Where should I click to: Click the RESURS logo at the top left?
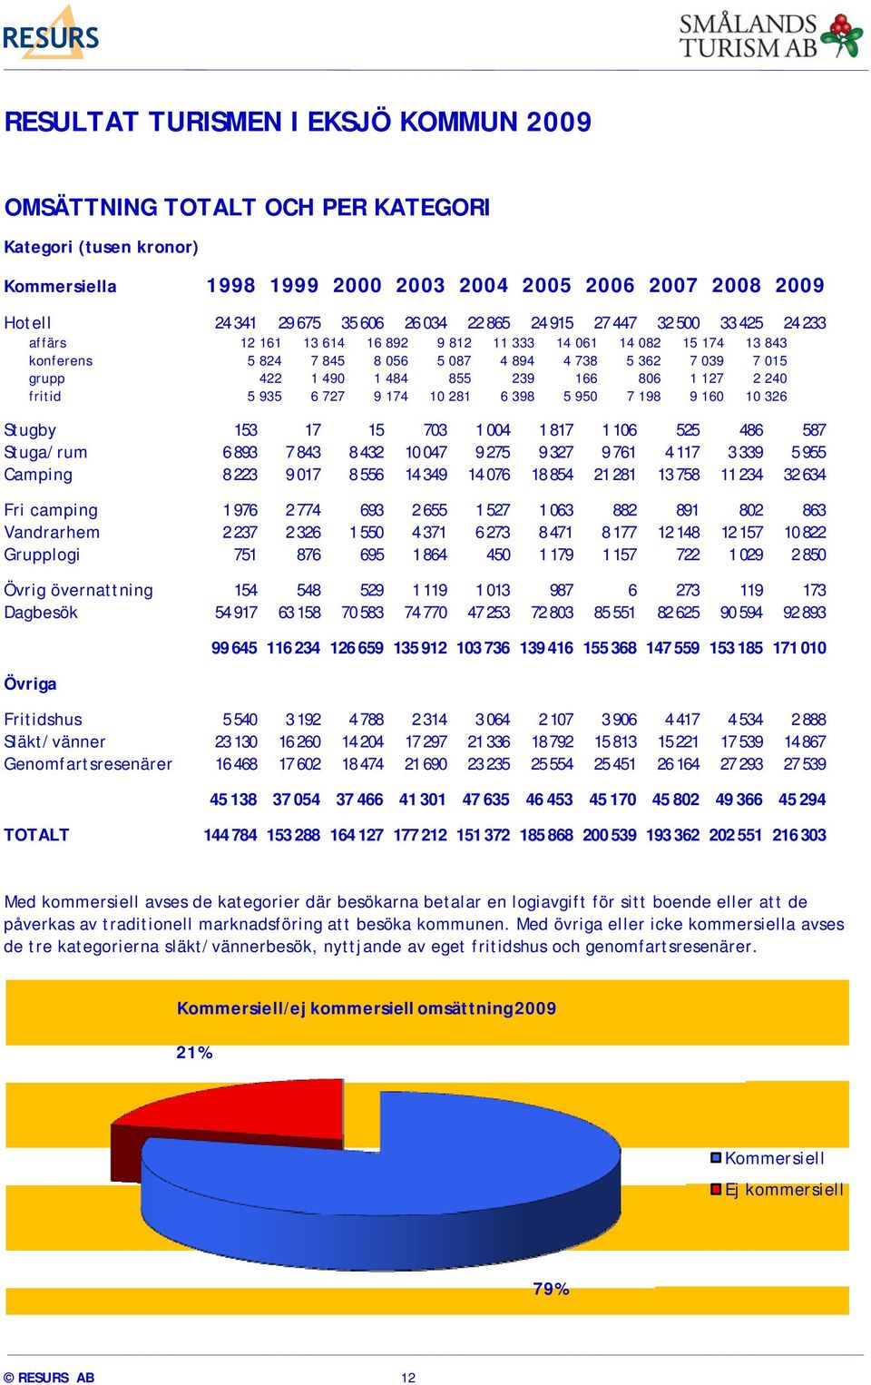coord(51,34)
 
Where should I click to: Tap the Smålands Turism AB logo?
coord(770,36)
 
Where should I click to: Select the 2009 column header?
coord(799,286)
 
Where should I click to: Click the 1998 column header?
coord(230,286)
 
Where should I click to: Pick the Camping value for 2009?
coord(805,475)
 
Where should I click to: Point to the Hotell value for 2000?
coord(362,323)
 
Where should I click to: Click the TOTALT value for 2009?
coord(798,835)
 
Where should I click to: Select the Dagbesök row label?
coord(41,613)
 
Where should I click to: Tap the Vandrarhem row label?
coord(52,533)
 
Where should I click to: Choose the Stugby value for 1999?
coord(313,430)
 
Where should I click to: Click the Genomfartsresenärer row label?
coord(88,764)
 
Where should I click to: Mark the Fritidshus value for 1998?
coord(240,720)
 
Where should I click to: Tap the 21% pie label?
coord(194,1053)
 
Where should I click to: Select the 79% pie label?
coord(551,1290)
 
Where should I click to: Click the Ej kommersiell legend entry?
coord(778,1190)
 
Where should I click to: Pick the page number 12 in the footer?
coord(408,1378)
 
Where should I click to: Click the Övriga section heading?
coord(30,683)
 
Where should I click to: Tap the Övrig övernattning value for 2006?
coord(631,591)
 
